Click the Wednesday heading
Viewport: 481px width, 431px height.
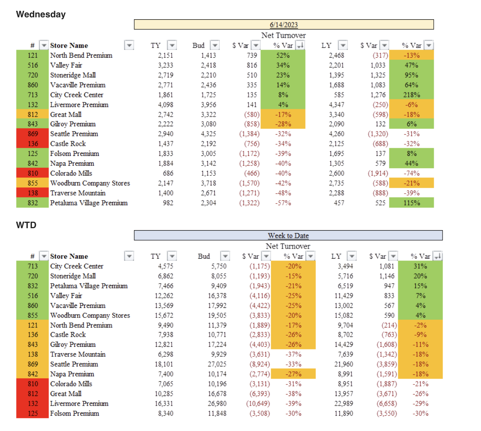pos(41,14)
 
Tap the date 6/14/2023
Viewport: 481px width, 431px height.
pos(284,25)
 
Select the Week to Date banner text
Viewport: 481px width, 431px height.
pos(288,236)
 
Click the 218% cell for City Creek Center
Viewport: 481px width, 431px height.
pos(411,95)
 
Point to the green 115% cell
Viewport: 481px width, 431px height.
pos(411,203)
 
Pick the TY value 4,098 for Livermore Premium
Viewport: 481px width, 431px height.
pos(165,105)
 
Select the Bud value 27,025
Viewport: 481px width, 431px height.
pos(217,364)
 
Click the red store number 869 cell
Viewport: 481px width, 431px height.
pos(33,134)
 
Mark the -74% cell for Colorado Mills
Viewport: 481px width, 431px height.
pos(411,173)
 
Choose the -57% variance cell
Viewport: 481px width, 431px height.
pos(283,203)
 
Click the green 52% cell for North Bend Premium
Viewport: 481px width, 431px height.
pos(283,55)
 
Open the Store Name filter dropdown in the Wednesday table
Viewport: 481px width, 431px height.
pos(129,45)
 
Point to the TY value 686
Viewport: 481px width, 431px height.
pos(168,173)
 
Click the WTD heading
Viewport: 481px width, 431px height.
pos(26,225)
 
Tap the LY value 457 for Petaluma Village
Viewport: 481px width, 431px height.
pos(339,203)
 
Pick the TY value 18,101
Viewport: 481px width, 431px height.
pos(164,364)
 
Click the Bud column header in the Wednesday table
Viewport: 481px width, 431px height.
pos(199,45)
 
